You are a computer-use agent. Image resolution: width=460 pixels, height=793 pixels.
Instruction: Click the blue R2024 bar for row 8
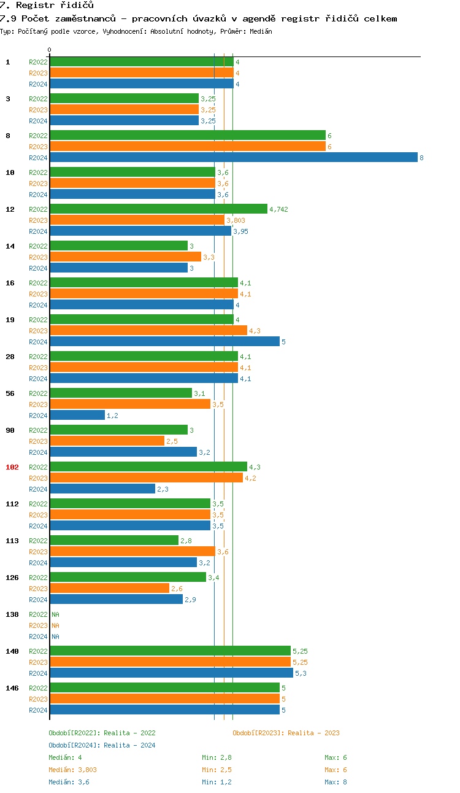(233, 158)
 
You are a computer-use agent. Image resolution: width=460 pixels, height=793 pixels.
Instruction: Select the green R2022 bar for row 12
(158, 209)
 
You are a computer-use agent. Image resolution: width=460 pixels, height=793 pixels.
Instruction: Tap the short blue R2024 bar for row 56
(77, 416)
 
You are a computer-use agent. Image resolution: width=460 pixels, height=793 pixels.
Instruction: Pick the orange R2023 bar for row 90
(107, 441)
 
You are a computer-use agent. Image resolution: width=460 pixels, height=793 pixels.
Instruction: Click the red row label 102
(12, 467)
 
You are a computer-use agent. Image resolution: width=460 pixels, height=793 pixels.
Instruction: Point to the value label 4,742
(278, 209)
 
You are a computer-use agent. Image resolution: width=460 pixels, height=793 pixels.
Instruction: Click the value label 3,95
(240, 231)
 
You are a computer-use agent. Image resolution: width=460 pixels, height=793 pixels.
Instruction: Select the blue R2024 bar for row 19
(164, 342)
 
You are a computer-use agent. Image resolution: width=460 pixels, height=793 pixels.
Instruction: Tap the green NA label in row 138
(55, 614)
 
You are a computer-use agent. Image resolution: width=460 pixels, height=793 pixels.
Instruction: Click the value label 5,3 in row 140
(301, 673)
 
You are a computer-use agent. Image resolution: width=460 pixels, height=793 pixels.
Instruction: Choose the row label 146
(12, 688)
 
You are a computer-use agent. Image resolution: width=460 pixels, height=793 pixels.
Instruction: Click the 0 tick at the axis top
(50, 50)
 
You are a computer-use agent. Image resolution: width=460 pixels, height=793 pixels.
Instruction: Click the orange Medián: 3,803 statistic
(72, 770)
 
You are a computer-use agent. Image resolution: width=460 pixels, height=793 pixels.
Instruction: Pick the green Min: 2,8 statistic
(217, 757)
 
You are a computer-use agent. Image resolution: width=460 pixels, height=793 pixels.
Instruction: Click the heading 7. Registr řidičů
(47, 6)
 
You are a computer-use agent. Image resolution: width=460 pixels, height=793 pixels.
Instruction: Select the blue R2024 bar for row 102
(102, 489)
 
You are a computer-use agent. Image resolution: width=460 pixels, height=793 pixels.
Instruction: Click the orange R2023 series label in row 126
(38, 589)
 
